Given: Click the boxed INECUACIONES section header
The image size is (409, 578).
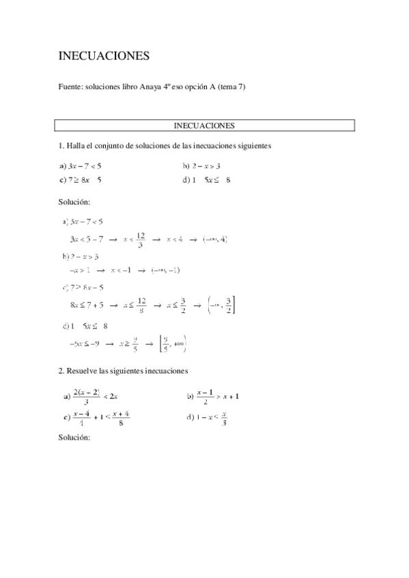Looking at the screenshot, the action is pyautogui.click(x=205, y=125).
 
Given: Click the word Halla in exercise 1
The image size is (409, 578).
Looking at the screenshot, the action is pyautogui.click(x=76, y=145).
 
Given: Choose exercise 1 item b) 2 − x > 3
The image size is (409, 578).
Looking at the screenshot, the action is pyautogui.click(x=201, y=166).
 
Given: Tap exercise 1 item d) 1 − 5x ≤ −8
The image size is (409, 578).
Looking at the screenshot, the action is pyautogui.click(x=206, y=180).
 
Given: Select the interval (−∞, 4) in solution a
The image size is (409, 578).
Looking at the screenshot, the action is pyautogui.click(x=215, y=239).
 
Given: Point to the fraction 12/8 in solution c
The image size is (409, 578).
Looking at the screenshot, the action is pyautogui.click(x=141, y=304).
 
